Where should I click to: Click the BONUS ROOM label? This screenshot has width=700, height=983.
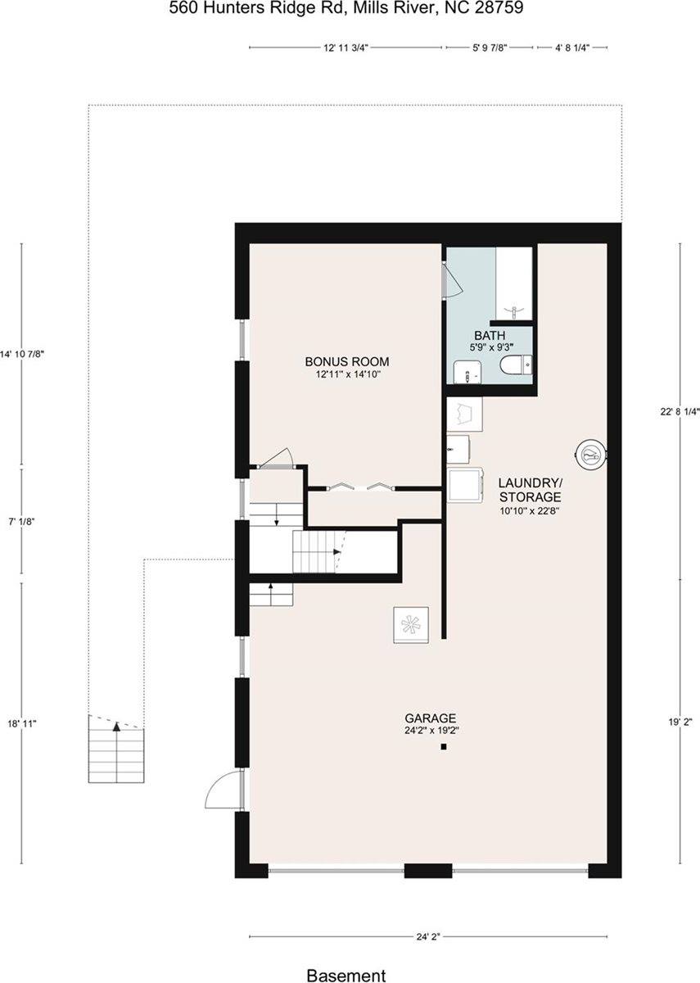346,361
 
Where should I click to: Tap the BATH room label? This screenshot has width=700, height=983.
490,335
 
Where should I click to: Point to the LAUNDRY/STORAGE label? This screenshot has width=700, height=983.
530,490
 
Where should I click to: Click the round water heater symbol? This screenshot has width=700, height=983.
590,452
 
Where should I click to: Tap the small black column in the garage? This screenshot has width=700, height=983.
443,747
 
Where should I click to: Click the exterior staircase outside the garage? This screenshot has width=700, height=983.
116,749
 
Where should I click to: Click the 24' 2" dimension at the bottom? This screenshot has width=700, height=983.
428,937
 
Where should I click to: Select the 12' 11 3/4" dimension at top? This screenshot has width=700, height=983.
346,48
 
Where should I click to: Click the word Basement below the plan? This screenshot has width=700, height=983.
345,975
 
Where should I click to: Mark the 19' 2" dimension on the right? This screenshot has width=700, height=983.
679,723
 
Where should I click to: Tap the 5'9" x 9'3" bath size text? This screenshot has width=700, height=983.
490,347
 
